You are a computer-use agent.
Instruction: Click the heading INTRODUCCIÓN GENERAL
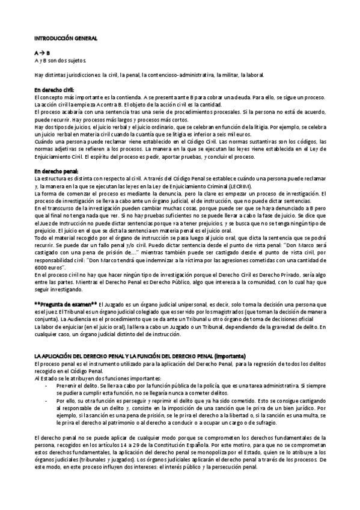tap(62, 37)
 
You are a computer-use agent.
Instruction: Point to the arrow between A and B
tap(42, 53)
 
